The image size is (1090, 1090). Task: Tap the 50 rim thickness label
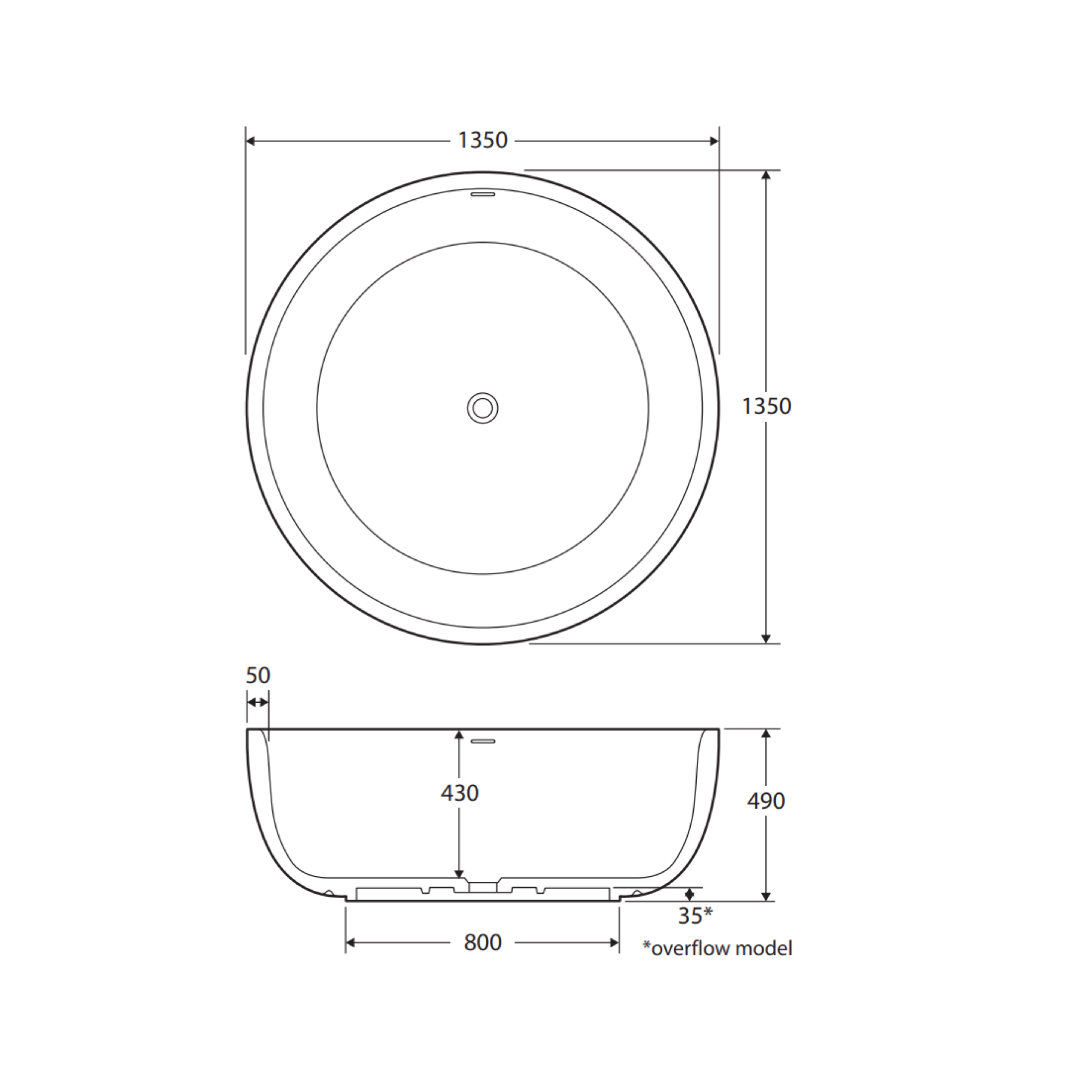tap(258, 675)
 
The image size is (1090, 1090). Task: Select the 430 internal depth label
tap(460, 793)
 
